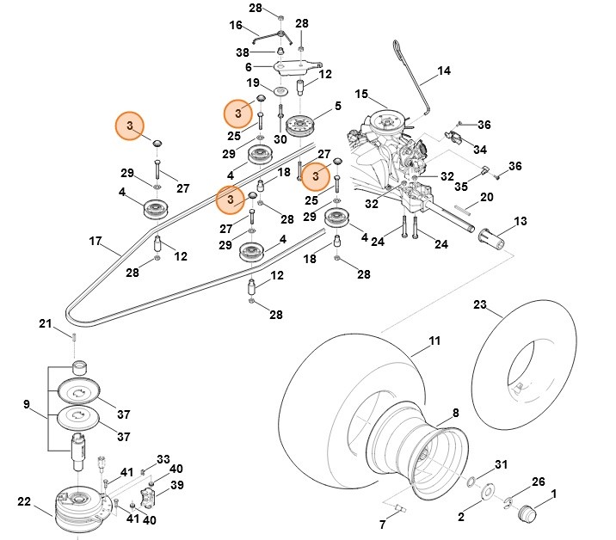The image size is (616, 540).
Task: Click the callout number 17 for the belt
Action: pos(95,242)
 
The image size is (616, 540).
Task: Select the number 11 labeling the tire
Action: pos(435,341)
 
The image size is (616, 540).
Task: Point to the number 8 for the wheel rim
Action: pos(455,414)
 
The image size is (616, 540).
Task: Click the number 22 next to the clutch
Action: pos(24,502)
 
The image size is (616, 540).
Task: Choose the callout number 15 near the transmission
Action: pos(360,94)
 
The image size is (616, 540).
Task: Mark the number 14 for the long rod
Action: pos(444,71)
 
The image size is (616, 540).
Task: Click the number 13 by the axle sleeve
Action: pos(521,222)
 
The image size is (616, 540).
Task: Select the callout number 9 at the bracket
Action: pos(27,403)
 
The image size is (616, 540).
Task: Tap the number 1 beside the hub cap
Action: pos(554,494)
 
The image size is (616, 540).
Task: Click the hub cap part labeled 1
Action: pos(524,513)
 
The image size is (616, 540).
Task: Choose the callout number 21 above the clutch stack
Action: pos(46,323)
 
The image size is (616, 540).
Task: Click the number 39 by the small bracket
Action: pos(176,485)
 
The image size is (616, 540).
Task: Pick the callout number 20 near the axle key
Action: pos(486,197)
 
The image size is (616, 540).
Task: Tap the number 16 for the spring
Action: pos(237,26)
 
